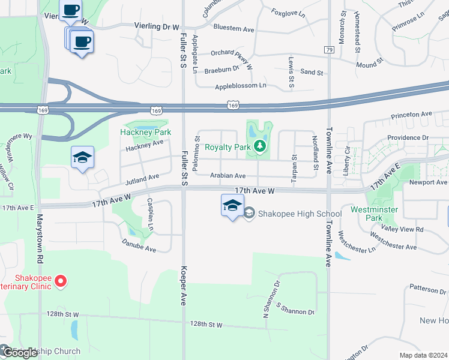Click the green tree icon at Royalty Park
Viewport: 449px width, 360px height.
pyautogui.click(x=259, y=145)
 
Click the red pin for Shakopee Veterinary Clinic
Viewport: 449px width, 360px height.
pyautogui.click(x=60, y=281)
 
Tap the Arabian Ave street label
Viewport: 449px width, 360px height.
pyautogui.click(x=228, y=176)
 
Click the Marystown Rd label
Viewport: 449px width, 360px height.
pyautogui.click(x=40, y=238)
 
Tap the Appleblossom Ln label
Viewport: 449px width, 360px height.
pyautogui.click(x=240, y=86)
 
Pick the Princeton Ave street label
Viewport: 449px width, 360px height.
pyautogui.click(x=411, y=114)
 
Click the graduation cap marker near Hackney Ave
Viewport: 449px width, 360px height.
pyautogui.click(x=82, y=157)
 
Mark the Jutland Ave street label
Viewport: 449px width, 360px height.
pyautogui.click(x=142, y=178)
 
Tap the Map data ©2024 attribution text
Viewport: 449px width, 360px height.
pyautogui.click(x=423, y=355)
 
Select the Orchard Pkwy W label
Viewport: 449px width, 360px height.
pyautogui.click(x=232, y=52)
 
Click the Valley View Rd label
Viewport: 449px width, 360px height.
pyautogui.click(x=402, y=229)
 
